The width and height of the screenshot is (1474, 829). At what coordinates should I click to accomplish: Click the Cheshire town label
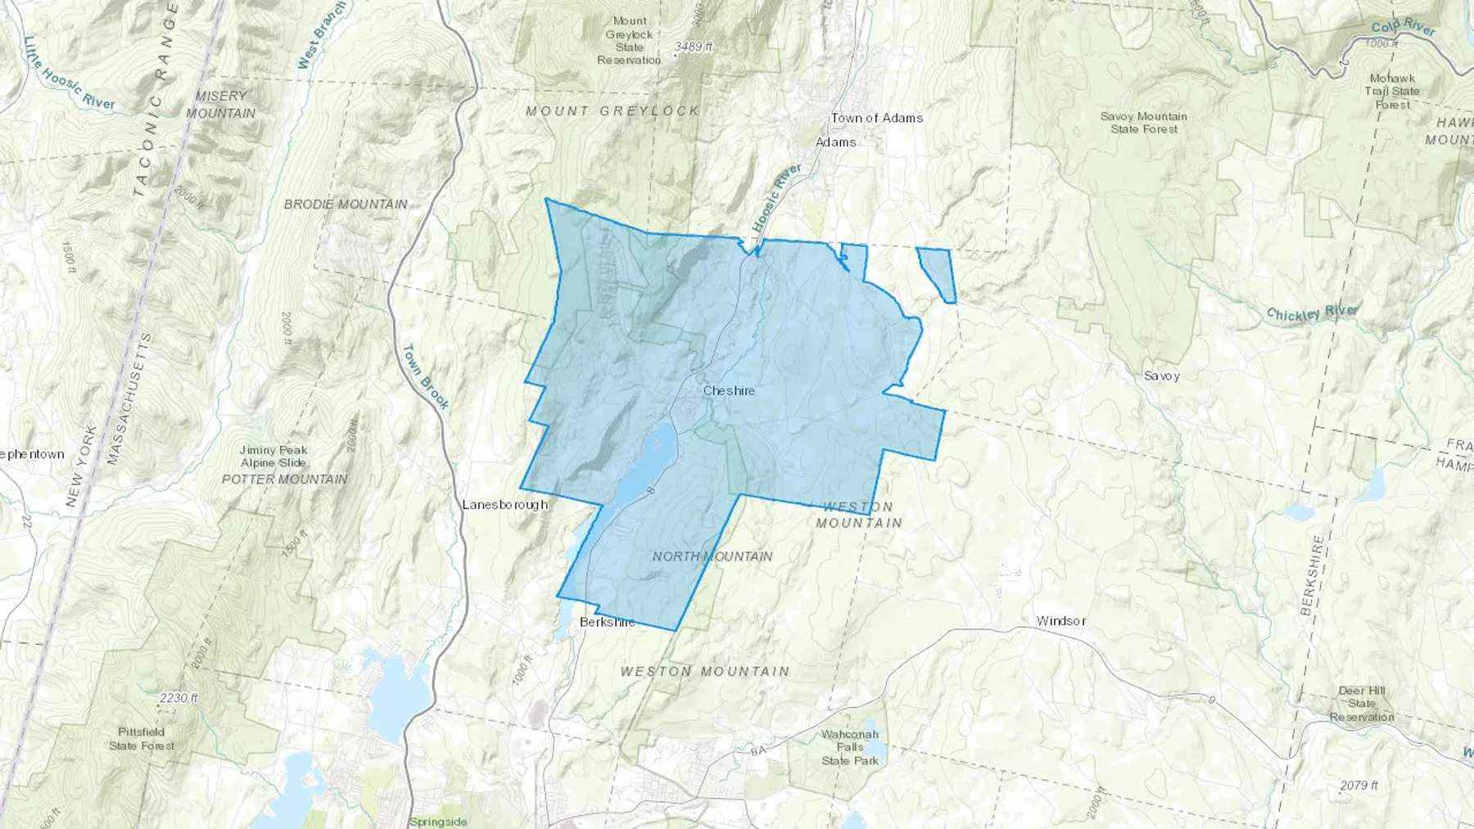click(729, 391)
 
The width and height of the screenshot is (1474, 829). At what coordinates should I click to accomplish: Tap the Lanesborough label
click(504, 505)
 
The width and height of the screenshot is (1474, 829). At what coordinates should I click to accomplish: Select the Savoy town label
click(1161, 376)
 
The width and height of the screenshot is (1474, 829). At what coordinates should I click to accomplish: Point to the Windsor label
click(1060, 621)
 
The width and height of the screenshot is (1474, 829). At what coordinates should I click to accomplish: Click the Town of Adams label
click(876, 118)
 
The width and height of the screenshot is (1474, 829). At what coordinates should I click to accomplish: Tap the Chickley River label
click(1312, 312)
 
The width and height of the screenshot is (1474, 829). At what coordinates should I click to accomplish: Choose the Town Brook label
click(425, 376)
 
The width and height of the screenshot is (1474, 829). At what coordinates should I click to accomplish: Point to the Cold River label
click(1404, 27)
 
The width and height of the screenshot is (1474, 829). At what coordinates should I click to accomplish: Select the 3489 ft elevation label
click(694, 47)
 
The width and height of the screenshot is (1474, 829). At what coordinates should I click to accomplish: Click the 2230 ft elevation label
click(179, 698)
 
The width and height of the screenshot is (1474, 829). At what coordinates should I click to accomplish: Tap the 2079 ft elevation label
click(1359, 786)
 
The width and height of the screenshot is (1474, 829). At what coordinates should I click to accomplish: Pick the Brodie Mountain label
click(346, 204)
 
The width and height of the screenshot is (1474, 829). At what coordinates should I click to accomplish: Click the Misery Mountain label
click(220, 105)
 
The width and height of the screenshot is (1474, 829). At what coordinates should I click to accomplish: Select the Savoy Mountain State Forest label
click(1143, 123)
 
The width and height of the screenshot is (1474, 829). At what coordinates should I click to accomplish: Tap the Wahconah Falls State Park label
click(850, 747)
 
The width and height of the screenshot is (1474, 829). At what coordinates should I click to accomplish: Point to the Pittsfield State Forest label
click(142, 738)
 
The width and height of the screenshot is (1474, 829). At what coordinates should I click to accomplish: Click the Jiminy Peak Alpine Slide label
click(274, 456)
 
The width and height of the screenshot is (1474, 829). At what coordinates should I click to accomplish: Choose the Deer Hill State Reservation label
click(1362, 704)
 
